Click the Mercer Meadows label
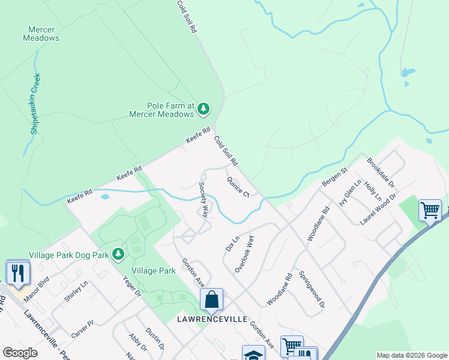click(41, 34)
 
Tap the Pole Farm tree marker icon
click(205, 109)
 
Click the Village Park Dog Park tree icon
click(118, 254)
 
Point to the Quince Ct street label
click(238, 187)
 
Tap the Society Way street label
click(204, 199)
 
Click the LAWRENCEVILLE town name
click(212, 319)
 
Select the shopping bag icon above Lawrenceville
click(211, 299)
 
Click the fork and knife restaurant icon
click(17, 273)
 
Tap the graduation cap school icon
click(253, 355)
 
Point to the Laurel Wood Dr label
click(379, 209)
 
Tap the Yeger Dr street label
click(131, 286)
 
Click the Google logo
click(20, 353)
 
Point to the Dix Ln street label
click(232, 242)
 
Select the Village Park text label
click(154, 271)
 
